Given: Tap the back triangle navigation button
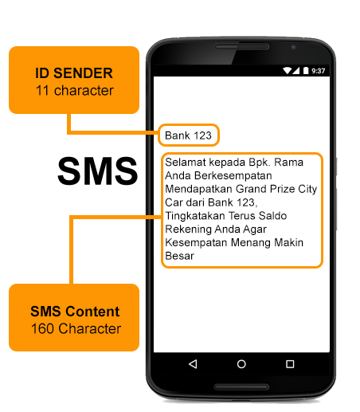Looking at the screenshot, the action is (193, 364).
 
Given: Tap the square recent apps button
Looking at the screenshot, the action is (290, 364).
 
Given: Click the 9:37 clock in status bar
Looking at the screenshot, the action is (318, 71).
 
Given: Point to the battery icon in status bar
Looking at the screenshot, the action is (306, 71).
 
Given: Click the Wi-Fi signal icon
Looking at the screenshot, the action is (287, 70).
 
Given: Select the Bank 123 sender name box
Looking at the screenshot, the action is (189, 135).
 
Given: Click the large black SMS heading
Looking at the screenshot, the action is (97, 171).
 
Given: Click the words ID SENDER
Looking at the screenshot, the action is (74, 73).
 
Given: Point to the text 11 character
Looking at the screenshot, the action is (75, 91).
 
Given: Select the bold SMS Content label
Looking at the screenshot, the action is (75, 312).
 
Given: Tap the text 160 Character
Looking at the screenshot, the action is (76, 328).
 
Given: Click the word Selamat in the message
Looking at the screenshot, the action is (186, 162).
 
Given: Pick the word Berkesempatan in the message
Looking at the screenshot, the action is (233, 175).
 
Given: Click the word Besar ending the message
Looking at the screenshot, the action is (180, 256).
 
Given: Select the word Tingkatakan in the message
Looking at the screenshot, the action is (195, 216).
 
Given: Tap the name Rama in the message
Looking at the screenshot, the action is (288, 162).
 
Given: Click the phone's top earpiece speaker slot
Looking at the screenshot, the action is (242, 47).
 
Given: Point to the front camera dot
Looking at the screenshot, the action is (293, 47).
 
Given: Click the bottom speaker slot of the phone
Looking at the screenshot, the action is (241, 386).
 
